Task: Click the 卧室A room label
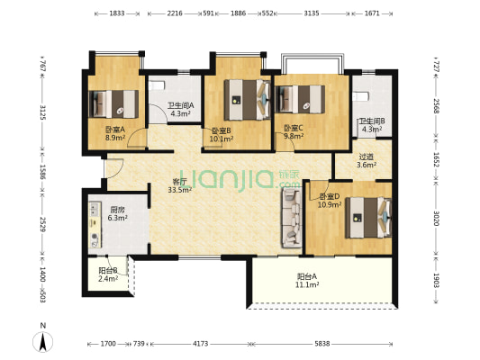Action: [x=115, y=133]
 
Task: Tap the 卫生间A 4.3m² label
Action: [x=181, y=110]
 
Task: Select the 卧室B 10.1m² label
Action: [x=222, y=135]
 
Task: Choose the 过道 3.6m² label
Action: [x=367, y=161]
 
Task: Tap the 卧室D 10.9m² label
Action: [x=330, y=201]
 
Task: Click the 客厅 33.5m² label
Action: [x=180, y=185]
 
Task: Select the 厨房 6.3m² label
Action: [x=118, y=214]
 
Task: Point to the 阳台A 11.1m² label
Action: [x=307, y=281]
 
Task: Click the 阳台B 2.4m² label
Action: [x=108, y=274]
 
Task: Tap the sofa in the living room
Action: [x=292, y=218]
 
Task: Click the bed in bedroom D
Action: [x=368, y=218]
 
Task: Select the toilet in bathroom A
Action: [x=158, y=85]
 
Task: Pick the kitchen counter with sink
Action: [x=95, y=224]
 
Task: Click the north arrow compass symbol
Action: [x=43, y=341]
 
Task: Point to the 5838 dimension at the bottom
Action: [x=322, y=344]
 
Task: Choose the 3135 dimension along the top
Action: [x=312, y=13]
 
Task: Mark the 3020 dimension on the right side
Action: [x=436, y=219]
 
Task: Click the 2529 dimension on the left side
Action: [x=43, y=224]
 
